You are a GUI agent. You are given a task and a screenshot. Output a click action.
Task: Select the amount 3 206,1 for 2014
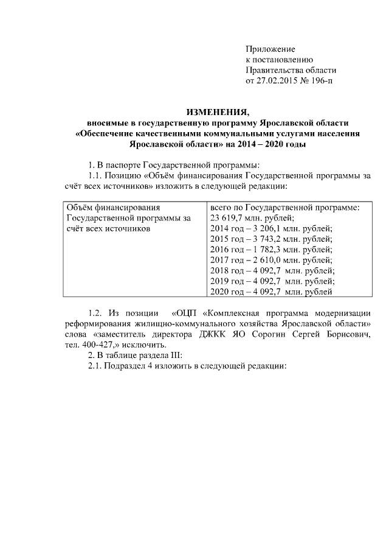[265, 228]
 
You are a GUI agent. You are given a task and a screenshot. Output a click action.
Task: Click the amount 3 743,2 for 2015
[265, 239]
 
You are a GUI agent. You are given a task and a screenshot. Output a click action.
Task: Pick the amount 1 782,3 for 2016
[265, 250]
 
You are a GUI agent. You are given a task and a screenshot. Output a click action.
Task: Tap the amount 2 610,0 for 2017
[265, 261]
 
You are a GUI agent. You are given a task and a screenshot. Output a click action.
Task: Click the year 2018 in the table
[219, 271]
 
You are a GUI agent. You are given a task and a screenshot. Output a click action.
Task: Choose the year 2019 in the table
[219, 282]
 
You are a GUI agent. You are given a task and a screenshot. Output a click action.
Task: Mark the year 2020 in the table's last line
[219, 293]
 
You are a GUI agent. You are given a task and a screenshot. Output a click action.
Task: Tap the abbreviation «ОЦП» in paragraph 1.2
[187, 312]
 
